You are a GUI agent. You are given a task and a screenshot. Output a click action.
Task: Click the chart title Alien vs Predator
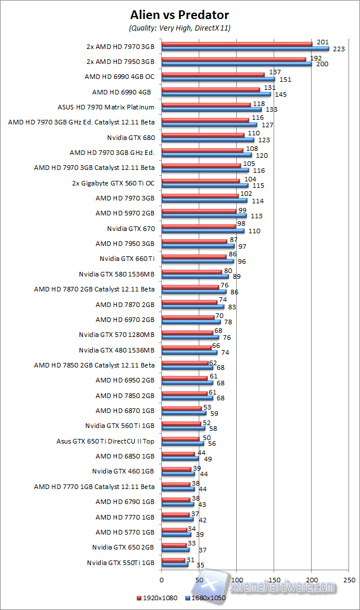(179, 14)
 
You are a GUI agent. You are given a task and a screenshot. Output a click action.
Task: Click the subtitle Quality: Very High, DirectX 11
(179, 28)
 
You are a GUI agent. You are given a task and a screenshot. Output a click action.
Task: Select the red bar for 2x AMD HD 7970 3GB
(237, 44)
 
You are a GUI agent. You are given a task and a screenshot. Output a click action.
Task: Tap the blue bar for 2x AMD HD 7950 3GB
(237, 64)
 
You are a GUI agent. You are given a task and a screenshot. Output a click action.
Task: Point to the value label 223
(339, 49)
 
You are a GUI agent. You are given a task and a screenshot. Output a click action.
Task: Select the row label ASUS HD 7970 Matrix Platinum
(106, 107)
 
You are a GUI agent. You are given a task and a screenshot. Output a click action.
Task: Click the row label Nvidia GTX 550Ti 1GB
(121, 563)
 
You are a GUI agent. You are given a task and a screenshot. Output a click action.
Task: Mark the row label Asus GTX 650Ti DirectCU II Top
(105, 441)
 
